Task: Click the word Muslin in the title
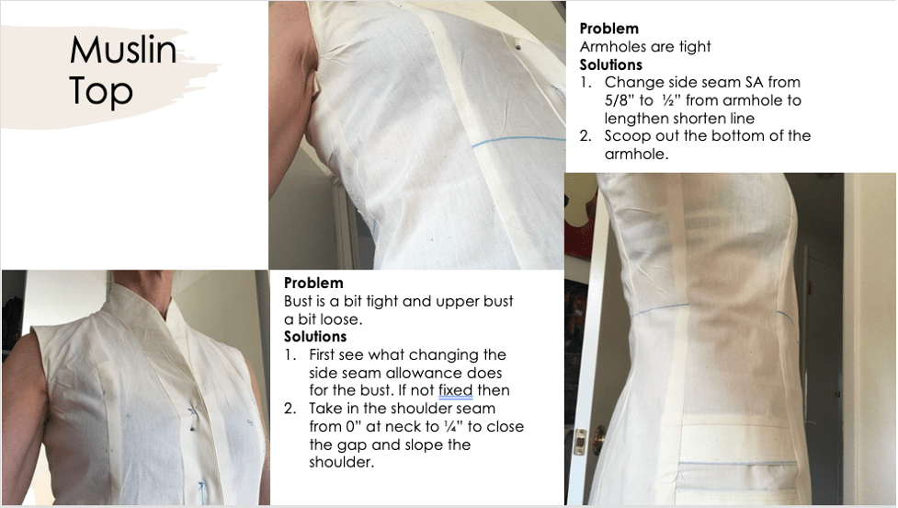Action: coord(122,51)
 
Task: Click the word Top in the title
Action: coord(101,91)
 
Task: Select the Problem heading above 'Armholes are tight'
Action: coord(608,29)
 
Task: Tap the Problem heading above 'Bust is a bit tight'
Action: coord(313,283)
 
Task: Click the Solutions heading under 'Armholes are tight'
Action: coord(610,64)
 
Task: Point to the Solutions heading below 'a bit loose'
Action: coord(315,337)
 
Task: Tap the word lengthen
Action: coord(639,119)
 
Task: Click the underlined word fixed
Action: coord(456,390)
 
